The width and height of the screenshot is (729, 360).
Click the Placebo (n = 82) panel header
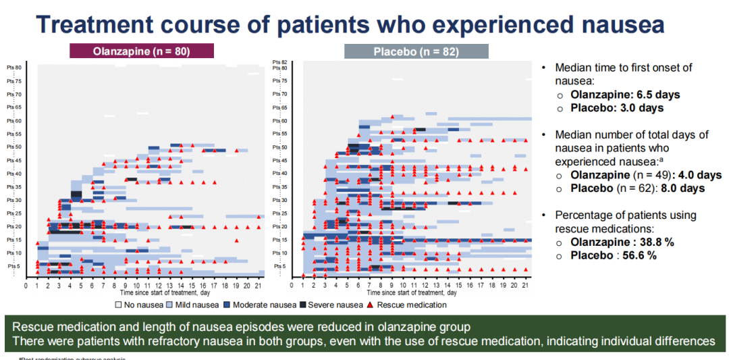[416, 51]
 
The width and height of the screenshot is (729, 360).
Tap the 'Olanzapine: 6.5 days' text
[625, 95]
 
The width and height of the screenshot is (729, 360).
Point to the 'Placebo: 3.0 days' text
[617, 108]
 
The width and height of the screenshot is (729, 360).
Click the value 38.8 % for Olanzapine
[657, 242]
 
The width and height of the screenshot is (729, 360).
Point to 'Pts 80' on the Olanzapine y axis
[14, 68]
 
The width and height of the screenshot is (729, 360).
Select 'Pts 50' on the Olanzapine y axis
[14, 147]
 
